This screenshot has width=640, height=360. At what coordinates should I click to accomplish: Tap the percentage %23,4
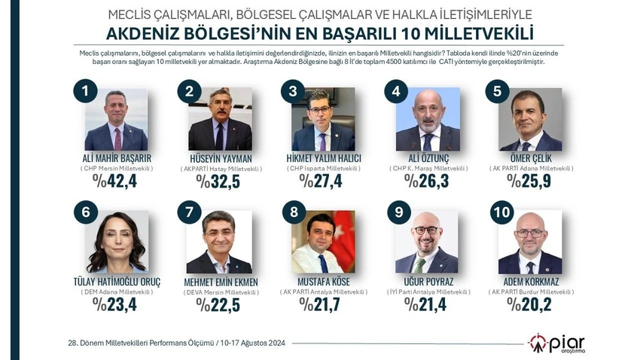[112, 304]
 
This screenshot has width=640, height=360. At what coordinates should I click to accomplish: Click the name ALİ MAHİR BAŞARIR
[114, 157]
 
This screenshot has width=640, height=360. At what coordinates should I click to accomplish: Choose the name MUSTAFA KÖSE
[322, 281]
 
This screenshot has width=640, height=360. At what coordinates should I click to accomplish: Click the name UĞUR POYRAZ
[425, 281]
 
